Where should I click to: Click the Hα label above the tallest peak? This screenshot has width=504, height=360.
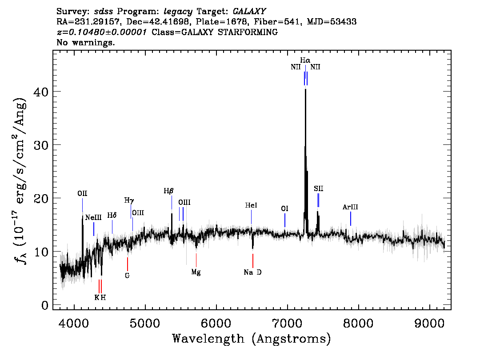[305, 60]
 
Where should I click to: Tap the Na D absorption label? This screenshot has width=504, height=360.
[252, 272]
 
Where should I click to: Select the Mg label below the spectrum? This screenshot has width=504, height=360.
[196, 272]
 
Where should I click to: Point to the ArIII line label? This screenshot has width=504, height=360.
[350, 207]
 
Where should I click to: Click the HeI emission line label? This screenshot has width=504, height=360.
[251, 206]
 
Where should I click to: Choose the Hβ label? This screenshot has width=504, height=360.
[168, 191]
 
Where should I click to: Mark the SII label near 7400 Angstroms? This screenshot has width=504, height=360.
[318, 189]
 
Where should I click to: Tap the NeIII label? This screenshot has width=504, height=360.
[93, 217]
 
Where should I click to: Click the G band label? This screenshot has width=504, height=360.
[127, 275]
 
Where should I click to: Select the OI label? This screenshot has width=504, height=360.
[285, 208]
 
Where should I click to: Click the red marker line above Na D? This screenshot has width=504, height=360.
[252, 260]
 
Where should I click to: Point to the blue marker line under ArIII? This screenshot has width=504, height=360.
[351, 219]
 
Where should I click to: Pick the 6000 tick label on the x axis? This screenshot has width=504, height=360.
[216, 322]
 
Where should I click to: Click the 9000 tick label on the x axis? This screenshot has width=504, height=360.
[430, 322]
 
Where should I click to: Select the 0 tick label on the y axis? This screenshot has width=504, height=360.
[44, 305]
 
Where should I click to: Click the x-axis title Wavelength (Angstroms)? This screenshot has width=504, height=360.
[252, 339]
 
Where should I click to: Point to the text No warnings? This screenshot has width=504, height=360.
[86, 43]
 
